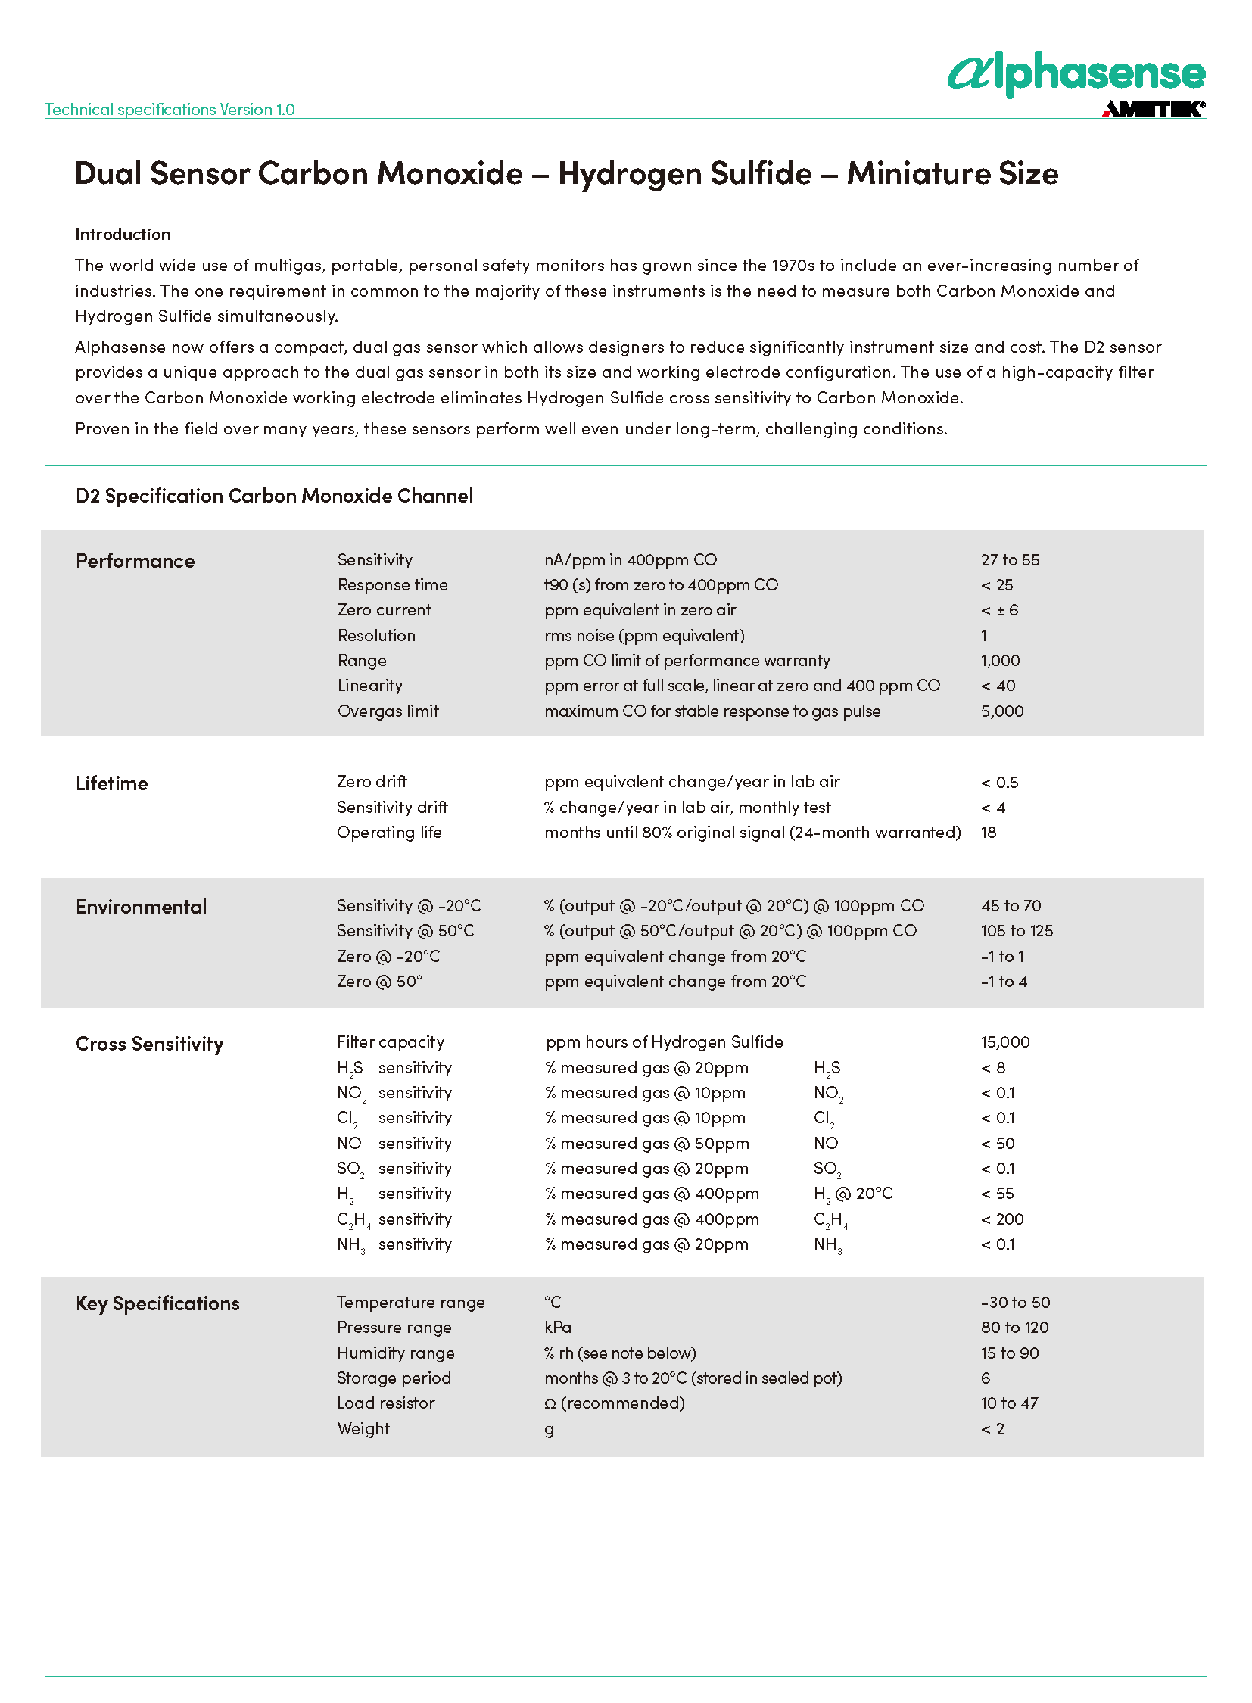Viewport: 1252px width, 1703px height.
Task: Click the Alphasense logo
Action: click(1076, 73)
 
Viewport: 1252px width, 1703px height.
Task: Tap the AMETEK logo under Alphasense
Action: click(1153, 109)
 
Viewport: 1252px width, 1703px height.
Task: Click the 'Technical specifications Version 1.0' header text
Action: click(170, 109)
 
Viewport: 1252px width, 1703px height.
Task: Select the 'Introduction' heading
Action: click(123, 234)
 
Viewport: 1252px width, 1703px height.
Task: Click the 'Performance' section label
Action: click(135, 561)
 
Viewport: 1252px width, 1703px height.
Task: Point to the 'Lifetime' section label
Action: click(111, 783)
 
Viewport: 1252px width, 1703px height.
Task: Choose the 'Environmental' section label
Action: click(141, 907)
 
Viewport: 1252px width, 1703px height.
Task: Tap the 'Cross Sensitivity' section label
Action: click(149, 1044)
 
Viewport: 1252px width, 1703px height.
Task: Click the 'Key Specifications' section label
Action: click(157, 1303)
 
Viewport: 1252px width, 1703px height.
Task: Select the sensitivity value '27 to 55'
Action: click(1010, 560)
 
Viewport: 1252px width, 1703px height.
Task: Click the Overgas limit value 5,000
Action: click(1002, 711)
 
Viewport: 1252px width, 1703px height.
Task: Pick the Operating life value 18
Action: click(989, 832)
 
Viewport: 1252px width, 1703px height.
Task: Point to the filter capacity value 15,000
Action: click(1005, 1042)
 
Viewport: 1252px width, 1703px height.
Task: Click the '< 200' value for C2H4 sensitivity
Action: click(1002, 1219)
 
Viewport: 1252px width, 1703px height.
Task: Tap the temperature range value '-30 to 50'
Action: click(1015, 1302)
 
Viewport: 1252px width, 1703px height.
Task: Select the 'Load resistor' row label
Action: click(386, 1403)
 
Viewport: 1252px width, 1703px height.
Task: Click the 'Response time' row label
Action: click(393, 585)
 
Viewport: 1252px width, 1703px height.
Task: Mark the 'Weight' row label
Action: click(363, 1429)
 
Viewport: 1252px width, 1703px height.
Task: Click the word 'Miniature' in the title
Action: click(917, 173)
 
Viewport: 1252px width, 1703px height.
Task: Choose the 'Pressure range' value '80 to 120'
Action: click(1014, 1327)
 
